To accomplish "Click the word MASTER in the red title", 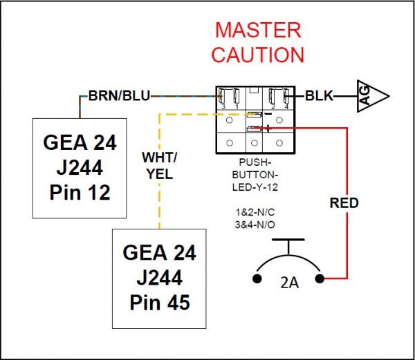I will (x=257, y=30).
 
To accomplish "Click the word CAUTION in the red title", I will (x=257, y=55).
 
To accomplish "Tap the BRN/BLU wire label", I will (x=119, y=95).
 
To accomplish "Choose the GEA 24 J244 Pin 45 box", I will (x=159, y=277).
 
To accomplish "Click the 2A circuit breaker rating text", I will (x=288, y=281).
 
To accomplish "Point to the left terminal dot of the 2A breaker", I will (x=257, y=279).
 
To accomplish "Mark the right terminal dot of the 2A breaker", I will (x=320, y=279).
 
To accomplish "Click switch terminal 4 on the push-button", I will (x=285, y=96).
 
